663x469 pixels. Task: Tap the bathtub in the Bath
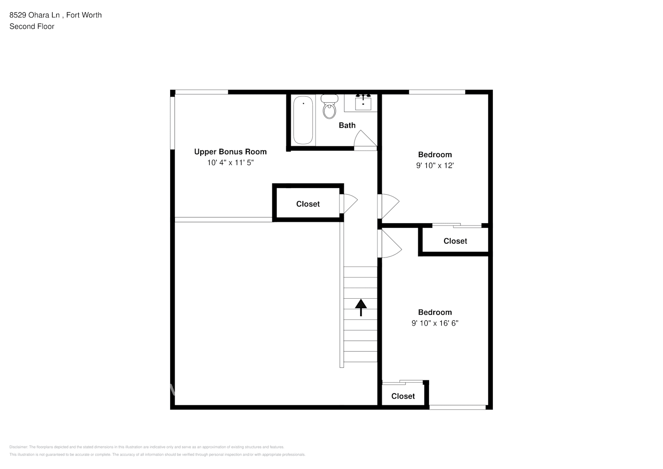[303, 121]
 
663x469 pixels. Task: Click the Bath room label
[347, 125]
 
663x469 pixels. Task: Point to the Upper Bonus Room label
[230, 151]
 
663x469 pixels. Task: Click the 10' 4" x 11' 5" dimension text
[230, 163]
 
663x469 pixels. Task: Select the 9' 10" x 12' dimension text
[435, 166]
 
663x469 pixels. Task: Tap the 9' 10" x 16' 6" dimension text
[435, 323]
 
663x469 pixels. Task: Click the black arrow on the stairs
[361, 308]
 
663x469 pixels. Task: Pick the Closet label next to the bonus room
[308, 204]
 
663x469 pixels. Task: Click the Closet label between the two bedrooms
[455, 241]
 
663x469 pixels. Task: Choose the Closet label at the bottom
[403, 396]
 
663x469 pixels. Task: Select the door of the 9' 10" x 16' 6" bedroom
[390, 243]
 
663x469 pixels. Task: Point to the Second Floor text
[32, 27]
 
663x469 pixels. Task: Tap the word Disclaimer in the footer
[18, 447]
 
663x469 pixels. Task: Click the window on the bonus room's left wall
[173, 123]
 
